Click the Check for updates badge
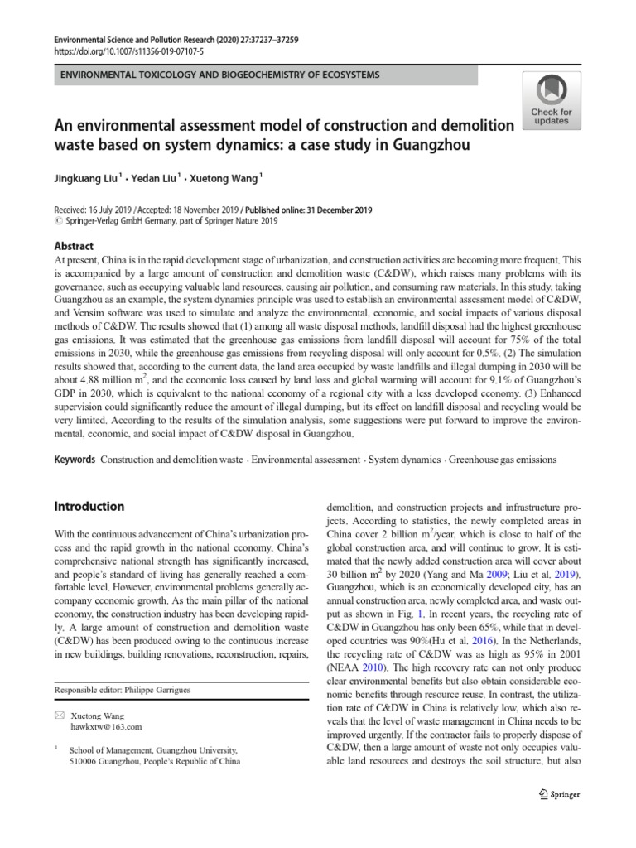pos(551,99)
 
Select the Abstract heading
pos(74,247)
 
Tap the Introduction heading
pos(89,506)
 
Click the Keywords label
pos(75,459)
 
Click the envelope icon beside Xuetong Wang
pos(58,714)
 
